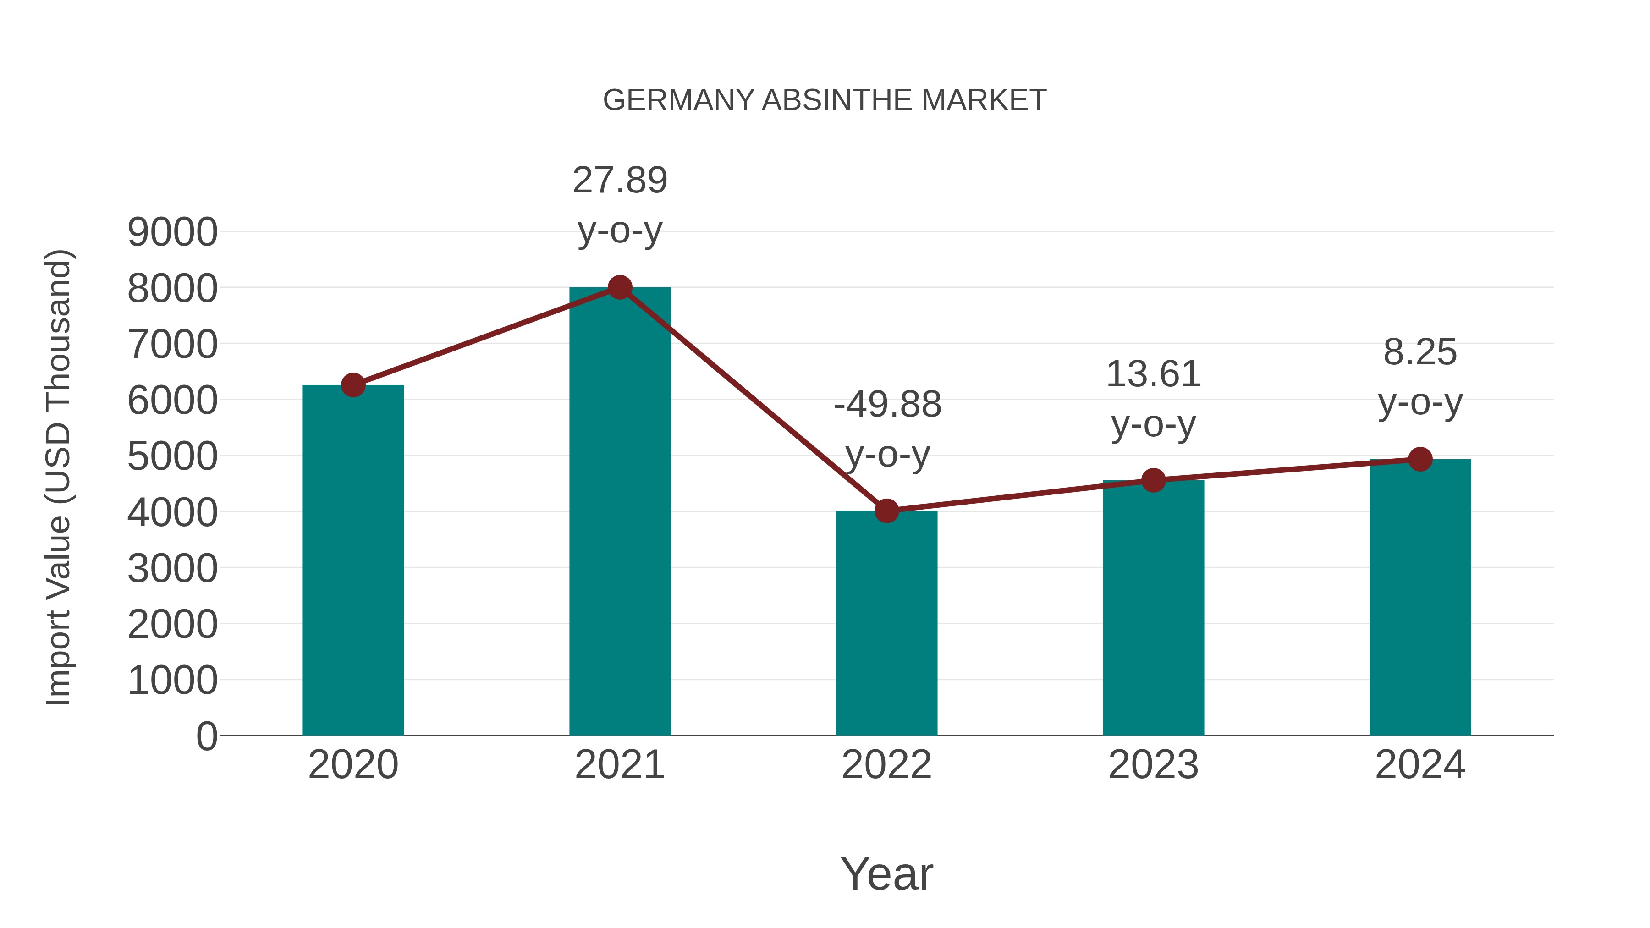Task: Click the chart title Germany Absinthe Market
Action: coord(825,100)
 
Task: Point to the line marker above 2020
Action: coord(353,385)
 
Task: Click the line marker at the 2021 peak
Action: coord(619,287)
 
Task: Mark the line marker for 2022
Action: coord(886,511)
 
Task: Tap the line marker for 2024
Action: coord(1420,459)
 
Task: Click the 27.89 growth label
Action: coord(619,181)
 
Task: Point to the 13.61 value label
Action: coord(1153,375)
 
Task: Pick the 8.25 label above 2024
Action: coord(1420,352)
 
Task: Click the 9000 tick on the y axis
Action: coord(172,232)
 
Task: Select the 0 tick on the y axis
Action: coord(206,736)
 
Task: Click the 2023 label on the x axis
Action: coord(1153,765)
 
